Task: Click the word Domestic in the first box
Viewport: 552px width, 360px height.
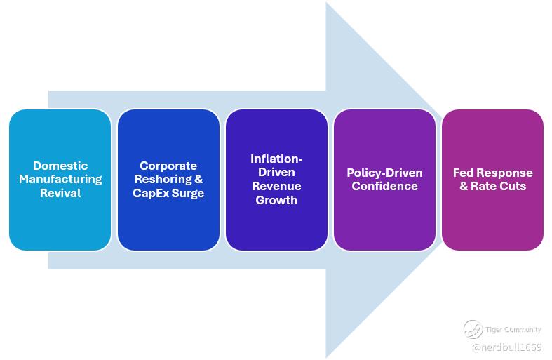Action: tap(60, 166)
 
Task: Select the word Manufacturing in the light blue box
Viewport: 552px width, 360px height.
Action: tap(60, 180)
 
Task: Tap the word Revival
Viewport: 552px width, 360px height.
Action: tap(60, 193)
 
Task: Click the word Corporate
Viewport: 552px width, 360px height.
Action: tap(168, 166)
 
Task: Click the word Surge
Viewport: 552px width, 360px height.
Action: tap(188, 193)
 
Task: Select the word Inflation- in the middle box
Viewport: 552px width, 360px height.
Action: tap(276, 159)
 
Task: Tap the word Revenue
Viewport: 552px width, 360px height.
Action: tap(276, 187)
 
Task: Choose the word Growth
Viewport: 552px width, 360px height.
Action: tap(276, 200)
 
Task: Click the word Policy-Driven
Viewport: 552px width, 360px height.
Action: tap(384, 173)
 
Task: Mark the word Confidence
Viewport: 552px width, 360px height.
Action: tap(384, 187)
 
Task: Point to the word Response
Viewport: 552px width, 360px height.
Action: tap(505, 173)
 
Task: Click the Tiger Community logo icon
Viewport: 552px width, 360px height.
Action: tap(473, 329)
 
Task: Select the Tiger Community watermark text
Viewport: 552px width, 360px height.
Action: tap(513, 329)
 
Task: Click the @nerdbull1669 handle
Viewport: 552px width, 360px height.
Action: tap(506, 347)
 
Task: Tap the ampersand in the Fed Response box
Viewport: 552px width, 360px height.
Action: tap(464, 187)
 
